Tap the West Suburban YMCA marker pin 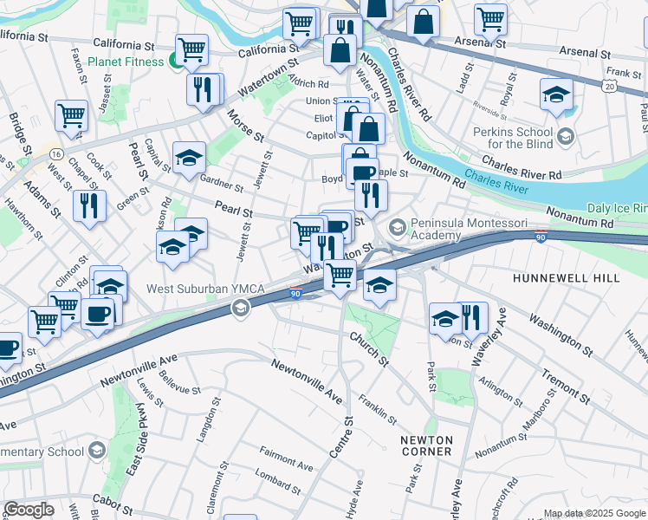point(240,308)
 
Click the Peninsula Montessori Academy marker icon point(398,227)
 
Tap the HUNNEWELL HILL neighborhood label point(566,278)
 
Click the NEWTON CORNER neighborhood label point(426,446)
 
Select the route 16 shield point(55,153)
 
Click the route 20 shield point(611,86)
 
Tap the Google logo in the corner point(29,510)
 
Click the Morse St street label point(245,125)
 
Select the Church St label point(372,348)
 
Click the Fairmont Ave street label point(286,458)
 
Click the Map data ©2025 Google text point(595,513)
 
